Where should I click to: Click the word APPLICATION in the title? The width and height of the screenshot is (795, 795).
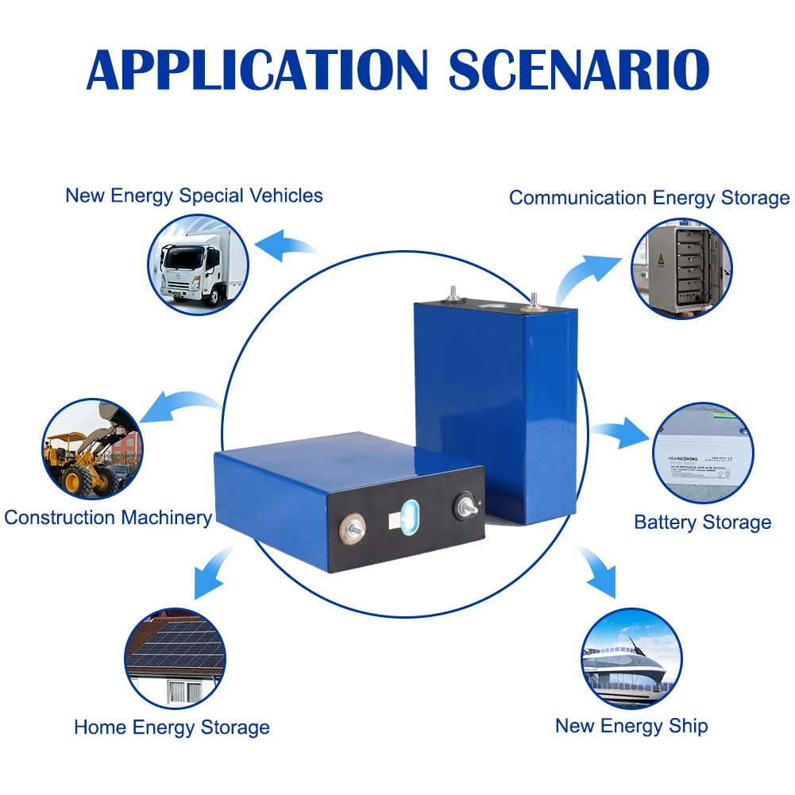257,69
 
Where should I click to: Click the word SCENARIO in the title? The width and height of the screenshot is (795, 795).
578,69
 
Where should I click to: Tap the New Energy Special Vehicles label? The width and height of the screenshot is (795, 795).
194,195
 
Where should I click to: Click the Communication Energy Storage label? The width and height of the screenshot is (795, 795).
649,198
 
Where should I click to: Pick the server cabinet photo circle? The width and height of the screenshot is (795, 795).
681,269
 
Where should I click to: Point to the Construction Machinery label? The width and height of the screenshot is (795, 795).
108,518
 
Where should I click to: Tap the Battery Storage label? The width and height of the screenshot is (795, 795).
702,522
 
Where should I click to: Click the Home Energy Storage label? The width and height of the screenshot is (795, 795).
172,727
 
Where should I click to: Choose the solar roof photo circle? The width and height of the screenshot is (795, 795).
176,659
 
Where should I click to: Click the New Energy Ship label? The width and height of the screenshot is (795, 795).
631,725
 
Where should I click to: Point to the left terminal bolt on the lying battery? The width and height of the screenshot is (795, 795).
349,527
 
